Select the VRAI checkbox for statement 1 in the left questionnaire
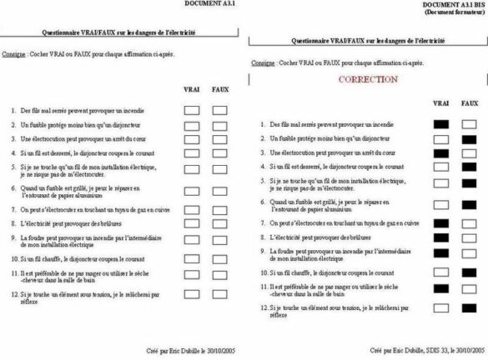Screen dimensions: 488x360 [192, 109]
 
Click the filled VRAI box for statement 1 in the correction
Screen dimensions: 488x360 [442, 124]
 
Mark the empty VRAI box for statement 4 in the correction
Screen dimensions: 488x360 [442, 167]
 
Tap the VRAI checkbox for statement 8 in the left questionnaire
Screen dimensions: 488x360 [192, 225]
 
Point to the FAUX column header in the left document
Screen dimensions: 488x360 [220, 88]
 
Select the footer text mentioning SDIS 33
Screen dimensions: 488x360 [425, 353]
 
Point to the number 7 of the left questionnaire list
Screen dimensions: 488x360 [14, 211]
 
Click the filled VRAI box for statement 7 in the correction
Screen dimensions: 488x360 [442, 223]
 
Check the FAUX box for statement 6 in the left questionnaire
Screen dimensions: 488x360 [220, 192]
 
